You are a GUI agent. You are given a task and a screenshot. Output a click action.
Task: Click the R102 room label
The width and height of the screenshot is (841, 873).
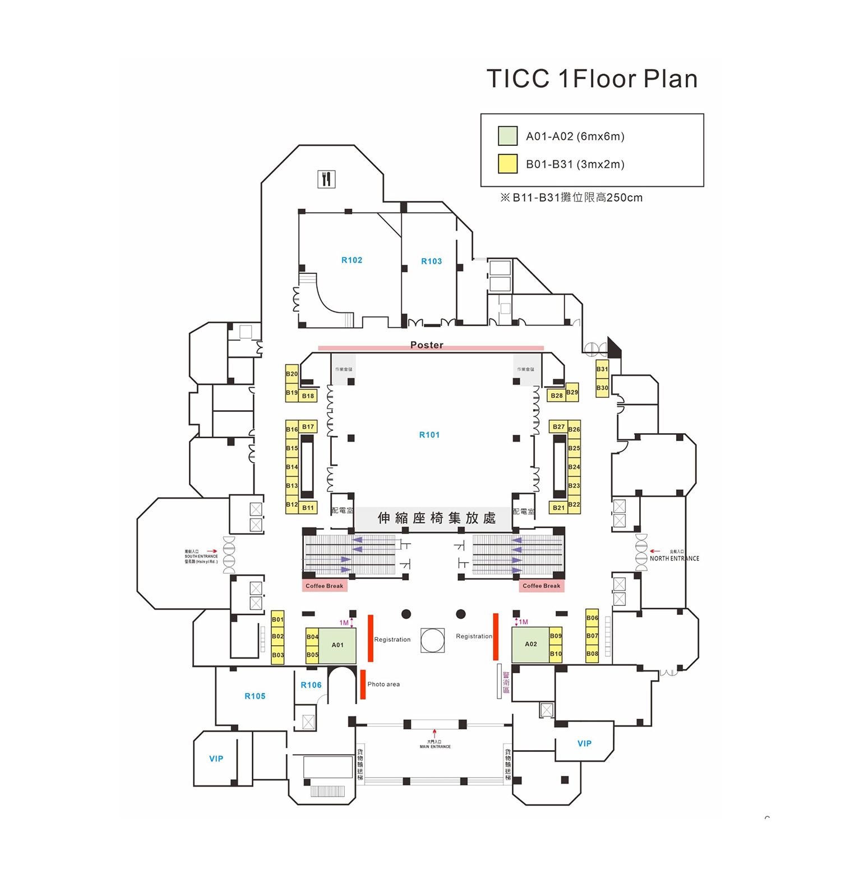click(352, 260)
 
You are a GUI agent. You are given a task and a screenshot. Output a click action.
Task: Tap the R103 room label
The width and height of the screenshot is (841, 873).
click(431, 261)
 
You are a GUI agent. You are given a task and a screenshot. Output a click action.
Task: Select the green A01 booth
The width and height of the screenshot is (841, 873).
click(338, 645)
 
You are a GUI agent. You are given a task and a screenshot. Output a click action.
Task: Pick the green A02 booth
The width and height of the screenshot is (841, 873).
click(530, 644)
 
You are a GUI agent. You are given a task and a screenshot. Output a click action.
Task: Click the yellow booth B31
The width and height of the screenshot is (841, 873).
click(602, 369)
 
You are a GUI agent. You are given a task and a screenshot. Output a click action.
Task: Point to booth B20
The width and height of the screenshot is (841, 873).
click(292, 374)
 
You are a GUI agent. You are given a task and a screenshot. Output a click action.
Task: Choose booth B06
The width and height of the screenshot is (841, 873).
click(592, 618)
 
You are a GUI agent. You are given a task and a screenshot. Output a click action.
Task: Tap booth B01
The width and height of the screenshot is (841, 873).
click(278, 619)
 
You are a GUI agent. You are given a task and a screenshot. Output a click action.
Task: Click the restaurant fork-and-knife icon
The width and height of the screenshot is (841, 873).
click(326, 179)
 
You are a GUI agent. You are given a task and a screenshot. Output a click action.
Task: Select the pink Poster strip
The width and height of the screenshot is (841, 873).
click(431, 348)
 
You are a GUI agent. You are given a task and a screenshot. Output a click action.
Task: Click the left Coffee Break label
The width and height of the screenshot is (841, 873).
click(324, 586)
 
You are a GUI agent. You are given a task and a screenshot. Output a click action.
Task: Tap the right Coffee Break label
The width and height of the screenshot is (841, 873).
click(541, 586)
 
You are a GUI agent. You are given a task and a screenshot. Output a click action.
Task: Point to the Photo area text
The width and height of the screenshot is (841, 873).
click(383, 684)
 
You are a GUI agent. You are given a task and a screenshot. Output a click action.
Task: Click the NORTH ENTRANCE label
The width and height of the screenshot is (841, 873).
click(674, 558)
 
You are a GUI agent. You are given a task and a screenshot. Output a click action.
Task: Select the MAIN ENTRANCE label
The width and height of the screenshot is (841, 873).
click(435, 746)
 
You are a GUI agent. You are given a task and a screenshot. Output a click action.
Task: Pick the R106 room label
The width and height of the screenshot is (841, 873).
click(311, 685)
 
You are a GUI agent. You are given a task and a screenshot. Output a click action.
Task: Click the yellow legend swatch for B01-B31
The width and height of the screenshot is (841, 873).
click(507, 164)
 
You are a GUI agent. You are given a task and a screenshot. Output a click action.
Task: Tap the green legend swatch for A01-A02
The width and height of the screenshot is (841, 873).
click(507, 136)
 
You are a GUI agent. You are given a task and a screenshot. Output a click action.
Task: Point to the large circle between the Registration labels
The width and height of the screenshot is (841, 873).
click(432, 640)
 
